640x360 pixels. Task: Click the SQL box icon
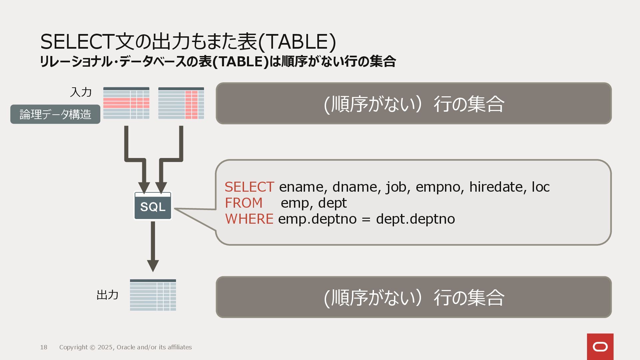[x=153, y=206]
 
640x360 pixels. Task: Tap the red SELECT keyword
[x=249, y=187]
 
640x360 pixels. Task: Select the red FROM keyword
[x=244, y=203]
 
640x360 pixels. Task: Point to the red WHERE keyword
[x=249, y=219]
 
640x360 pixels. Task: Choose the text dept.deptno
[x=415, y=219]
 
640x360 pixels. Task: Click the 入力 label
[x=81, y=92]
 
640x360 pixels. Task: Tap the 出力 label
[x=107, y=295]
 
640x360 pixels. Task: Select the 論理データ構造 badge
[x=55, y=114]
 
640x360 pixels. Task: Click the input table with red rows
[x=126, y=103]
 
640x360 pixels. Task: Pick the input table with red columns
[x=181, y=103]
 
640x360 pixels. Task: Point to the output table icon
[x=153, y=295]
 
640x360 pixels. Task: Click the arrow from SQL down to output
[x=153, y=247]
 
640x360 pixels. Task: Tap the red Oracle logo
[x=600, y=347]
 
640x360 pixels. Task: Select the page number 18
[x=44, y=347]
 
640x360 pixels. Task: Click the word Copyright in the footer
[x=73, y=347]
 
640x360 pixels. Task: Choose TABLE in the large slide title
[x=297, y=42]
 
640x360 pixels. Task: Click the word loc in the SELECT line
[x=541, y=187]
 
